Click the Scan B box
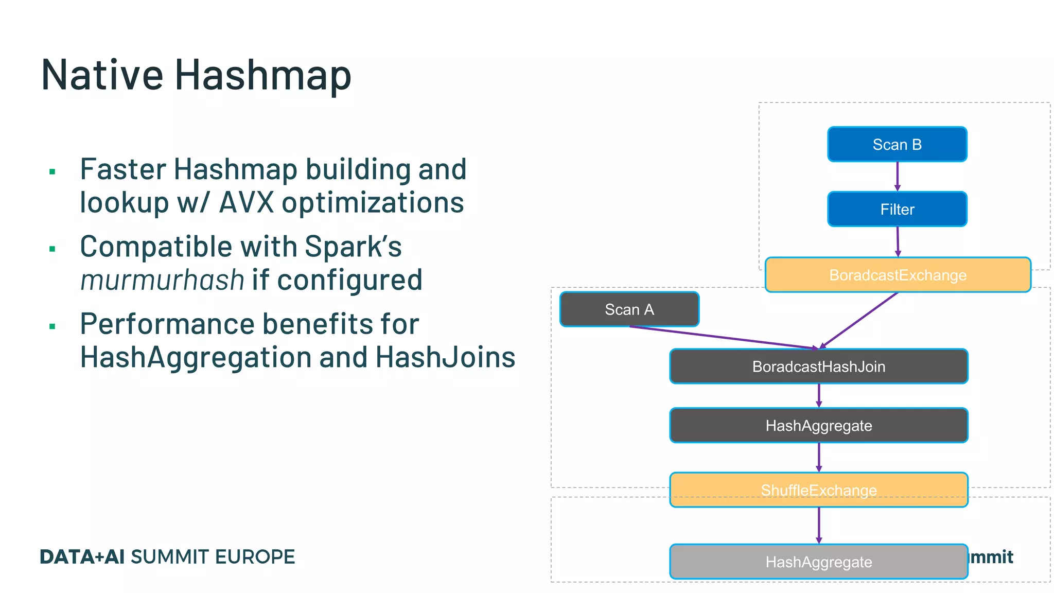click(x=897, y=144)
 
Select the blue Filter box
click(x=897, y=209)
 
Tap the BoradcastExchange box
click(x=898, y=275)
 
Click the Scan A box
click(x=629, y=309)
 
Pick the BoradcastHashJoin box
click(x=818, y=367)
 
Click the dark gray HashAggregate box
click(x=818, y=426)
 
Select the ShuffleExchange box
click(x=818, y=490)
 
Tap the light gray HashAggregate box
click(x=818, y=562)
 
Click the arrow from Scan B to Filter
click(x=897, y=176)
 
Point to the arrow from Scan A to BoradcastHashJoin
click(x=721, y=337)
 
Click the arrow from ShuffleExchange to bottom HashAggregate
click(x=819, y=525)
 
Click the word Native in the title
click(x=102, y=75)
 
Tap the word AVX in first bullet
click(x=247, y=202)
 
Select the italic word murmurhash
click(x=162, y=280)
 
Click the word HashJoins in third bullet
click(x=445, y=357)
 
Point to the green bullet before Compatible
click(x=52, y=249)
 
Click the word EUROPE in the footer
click(x=255, y=557)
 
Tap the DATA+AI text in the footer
click(x=82, y=557)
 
